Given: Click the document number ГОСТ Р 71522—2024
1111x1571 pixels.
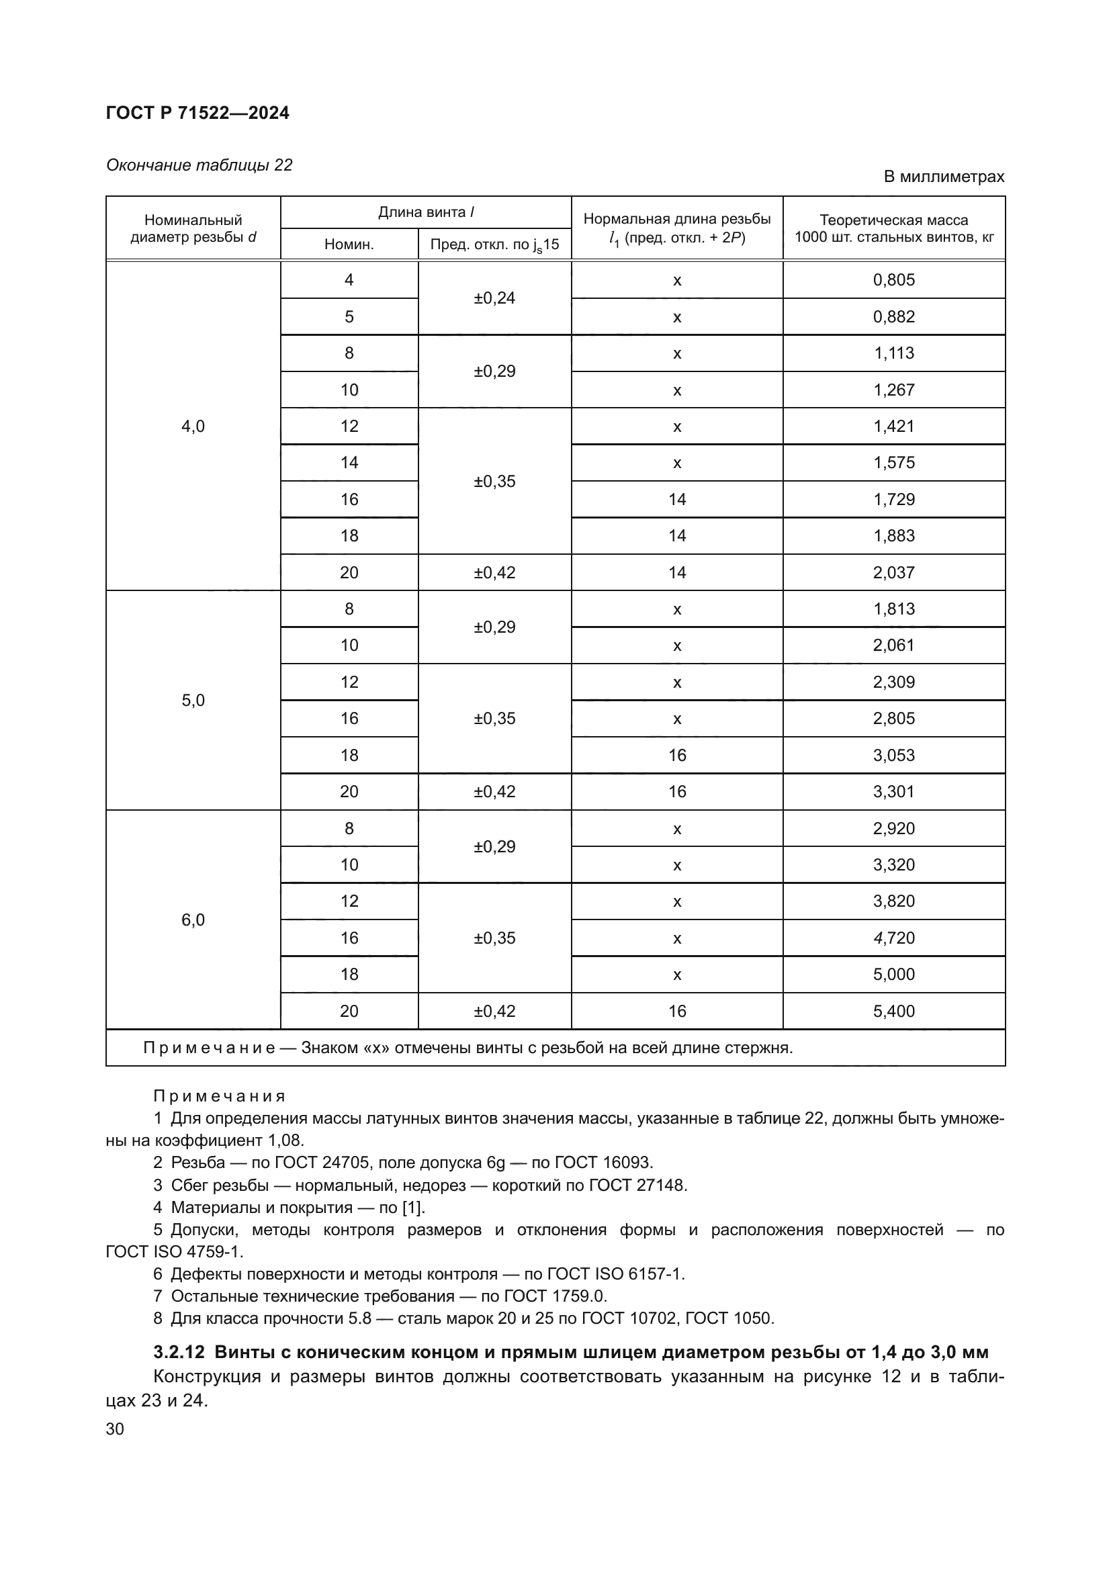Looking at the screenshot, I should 197,113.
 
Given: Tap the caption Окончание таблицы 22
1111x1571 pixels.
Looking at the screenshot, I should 199,165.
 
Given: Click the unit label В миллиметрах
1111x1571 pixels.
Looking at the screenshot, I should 943,177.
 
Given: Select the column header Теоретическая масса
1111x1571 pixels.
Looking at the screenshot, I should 893,220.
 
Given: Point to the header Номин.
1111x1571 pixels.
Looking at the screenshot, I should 349,244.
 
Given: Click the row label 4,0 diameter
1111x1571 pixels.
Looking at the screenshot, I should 193,427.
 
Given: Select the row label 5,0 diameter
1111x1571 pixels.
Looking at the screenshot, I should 193,700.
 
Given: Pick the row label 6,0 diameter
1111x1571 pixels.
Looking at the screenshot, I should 193,919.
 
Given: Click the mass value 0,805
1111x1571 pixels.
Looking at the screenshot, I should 893,280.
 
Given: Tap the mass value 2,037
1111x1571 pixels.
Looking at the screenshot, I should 893,572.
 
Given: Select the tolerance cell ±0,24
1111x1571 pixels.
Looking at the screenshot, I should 494,298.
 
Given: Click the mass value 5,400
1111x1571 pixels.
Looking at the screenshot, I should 893,1011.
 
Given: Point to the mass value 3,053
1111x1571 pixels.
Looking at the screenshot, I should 893,755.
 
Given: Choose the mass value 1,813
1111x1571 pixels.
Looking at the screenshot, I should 893,609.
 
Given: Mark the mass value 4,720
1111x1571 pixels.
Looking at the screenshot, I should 893,938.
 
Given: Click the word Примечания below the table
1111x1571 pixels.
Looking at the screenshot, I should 219,1096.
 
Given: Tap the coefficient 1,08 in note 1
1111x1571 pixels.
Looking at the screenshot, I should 285,1140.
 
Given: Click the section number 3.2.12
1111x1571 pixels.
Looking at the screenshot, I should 179,1353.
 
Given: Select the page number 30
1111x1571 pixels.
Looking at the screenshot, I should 115,1429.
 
